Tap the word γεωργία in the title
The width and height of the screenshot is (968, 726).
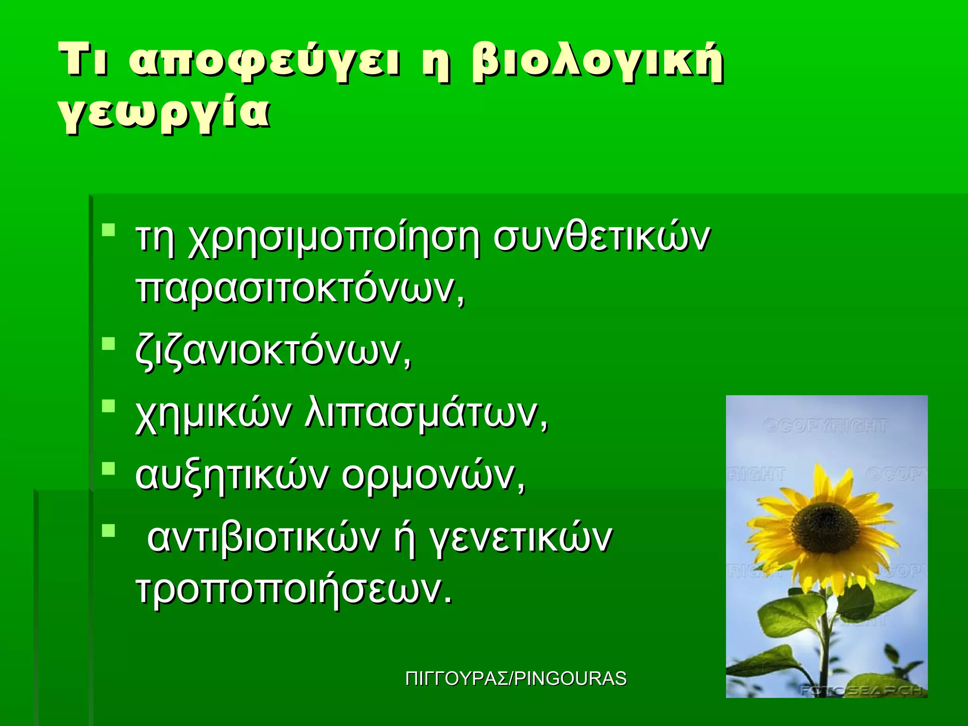click(164, 114)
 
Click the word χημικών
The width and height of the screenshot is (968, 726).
click(214, 415)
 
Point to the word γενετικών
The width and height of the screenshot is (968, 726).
click(520, 539)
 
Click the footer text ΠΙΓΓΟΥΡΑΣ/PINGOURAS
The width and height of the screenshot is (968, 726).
click(516, 679)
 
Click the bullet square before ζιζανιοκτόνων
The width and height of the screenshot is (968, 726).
click(109, 344)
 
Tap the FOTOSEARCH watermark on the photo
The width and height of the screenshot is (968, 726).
click(860, 691)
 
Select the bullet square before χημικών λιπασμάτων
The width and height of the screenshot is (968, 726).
click(109, 406)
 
